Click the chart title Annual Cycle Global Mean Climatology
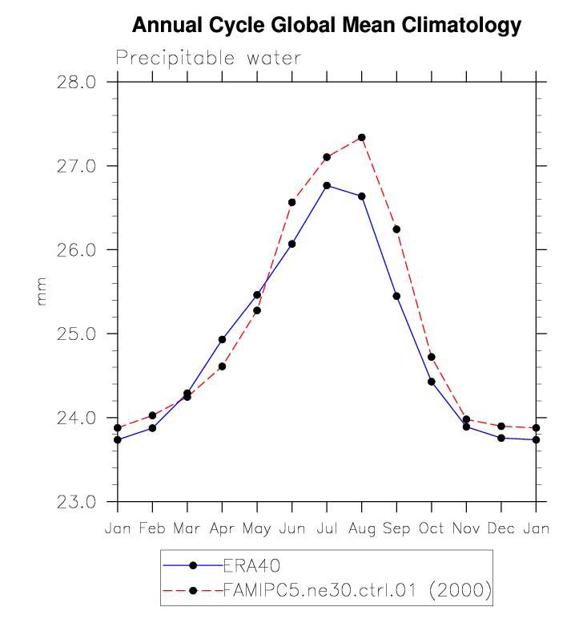click(x=326, y=26)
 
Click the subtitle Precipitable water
click(x=208, y=59)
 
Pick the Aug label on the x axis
click(x=361, y=529)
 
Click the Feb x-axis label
click(x=152, y=529)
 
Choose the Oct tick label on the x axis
click(x=431, y=529)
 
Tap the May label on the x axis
click(x=256, y=529)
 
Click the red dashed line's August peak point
click(x=362, y=137)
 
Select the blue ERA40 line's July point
click(x=327, y=185)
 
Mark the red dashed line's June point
click(x=291, y=202)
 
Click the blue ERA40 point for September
click(x=396, y=296)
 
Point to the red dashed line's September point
click(x=396, y=229)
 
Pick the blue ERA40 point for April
click(x=222, y=339)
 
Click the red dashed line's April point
click(x=222, y=366)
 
